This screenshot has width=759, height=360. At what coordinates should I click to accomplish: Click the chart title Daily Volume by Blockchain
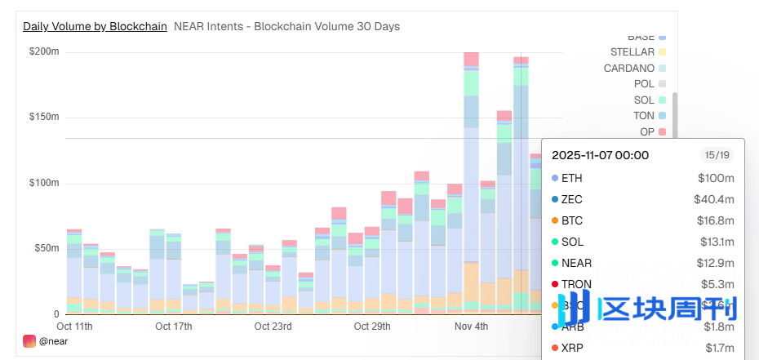pos(95,26)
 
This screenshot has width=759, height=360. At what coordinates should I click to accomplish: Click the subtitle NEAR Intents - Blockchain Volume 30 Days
pos(286,26)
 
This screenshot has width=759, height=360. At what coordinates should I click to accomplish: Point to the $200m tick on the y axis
pos(44,51)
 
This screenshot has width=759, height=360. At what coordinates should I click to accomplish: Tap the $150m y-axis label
pos(44,117)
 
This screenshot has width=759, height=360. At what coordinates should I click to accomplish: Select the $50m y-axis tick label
pos(47,248)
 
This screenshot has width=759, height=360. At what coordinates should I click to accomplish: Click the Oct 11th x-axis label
pos(74,327)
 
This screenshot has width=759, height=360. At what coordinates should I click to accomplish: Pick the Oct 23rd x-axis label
pos(273,327)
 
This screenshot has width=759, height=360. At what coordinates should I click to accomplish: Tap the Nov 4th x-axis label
pos(471,327)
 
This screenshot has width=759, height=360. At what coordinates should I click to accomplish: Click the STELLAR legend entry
pos(632,52)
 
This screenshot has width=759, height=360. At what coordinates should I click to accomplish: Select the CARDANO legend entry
pos(628,68)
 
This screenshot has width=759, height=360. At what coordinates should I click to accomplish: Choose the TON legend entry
pos(643,116)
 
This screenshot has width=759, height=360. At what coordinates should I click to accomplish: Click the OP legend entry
pos(646,131)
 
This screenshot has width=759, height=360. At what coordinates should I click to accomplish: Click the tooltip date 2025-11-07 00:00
pos(600,155)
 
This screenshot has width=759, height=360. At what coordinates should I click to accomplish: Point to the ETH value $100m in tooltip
pos(716,178)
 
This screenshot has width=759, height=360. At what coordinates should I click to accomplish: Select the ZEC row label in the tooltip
pos(571,199)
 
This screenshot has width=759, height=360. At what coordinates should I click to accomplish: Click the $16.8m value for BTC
pos(717,220)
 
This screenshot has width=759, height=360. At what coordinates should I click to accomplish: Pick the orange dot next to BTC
pos(555,220)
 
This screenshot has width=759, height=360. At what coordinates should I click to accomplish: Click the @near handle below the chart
pos(53,341)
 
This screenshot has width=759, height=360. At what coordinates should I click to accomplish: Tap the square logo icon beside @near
pos(29,341)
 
